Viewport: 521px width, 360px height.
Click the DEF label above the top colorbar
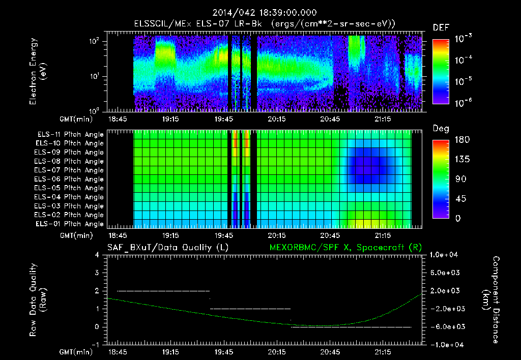tap(441, 28)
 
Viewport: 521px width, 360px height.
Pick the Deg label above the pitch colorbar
tap(441, 129)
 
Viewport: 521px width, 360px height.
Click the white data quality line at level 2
tap(163, 291)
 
